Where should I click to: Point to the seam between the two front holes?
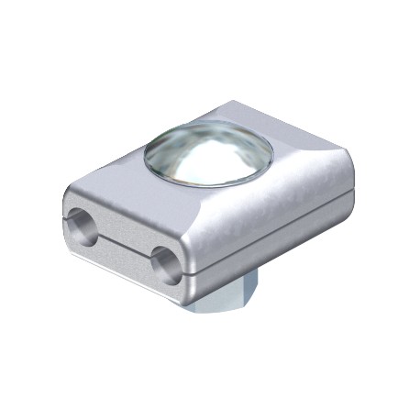point(124,241)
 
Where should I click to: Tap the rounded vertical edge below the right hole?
point(188,280)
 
